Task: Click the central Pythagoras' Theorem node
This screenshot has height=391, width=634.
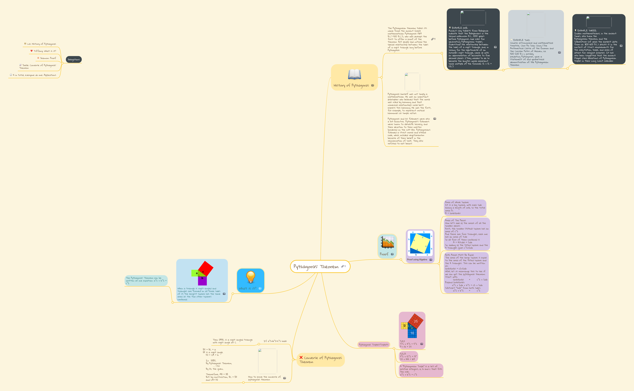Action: click(316, 267)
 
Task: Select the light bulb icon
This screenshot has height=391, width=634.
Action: click(250, 277)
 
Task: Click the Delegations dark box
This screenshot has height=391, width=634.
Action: click(74, 59)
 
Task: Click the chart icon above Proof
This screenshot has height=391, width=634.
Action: click(387, 242)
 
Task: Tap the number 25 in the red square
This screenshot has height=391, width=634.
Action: click(416, 321)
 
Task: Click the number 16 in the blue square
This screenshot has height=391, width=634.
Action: click(412, 333)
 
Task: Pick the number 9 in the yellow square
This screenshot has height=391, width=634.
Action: click(404, 326)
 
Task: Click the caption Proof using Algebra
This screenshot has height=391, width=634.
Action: click(417, 260)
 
